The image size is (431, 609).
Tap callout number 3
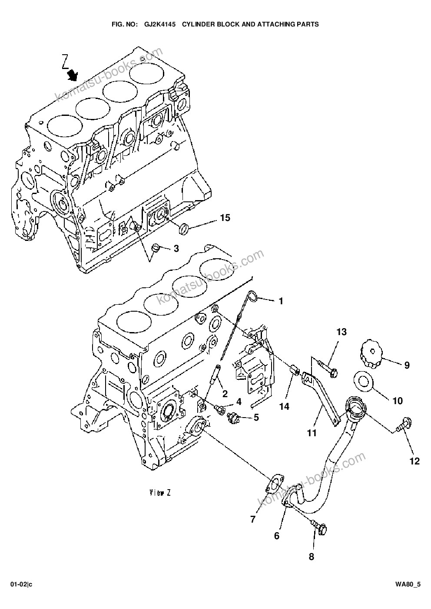point(176,248)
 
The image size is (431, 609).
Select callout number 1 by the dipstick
point(281,301)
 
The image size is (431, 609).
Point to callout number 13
point(341,332)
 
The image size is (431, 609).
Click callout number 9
point(407,365)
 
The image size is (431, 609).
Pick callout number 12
point(414,461)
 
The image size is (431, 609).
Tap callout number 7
point(253,519)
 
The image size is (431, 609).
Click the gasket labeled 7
point(275,485)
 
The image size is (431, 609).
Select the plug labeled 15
point(183,228)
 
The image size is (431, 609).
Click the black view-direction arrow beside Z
point(73,74)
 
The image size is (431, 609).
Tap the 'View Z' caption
point(160,493)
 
